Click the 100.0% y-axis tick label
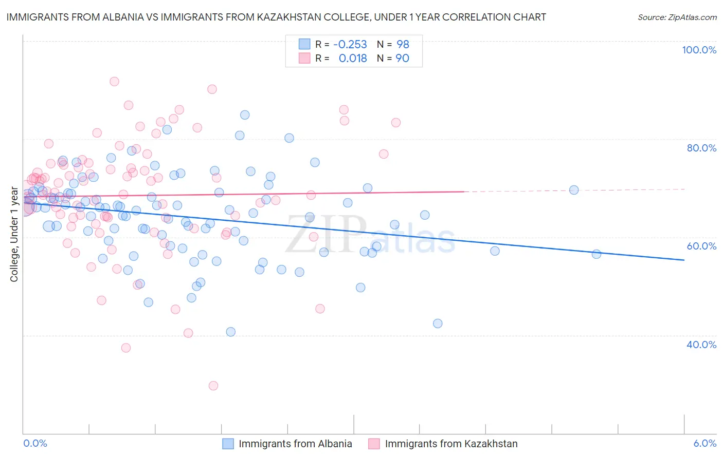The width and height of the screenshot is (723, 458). pos(699,50)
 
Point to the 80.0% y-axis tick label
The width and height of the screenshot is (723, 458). pos(701,148)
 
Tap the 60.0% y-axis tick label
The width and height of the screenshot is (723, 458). pos(701,246)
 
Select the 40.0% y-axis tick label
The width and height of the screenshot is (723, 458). pos(701,345)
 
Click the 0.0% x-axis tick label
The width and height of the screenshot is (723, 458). pos(35,443)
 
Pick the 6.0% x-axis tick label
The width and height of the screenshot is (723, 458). pos(704,443)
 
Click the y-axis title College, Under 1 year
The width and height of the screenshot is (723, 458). pos(14,235)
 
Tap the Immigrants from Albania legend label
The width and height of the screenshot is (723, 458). pos(295,444)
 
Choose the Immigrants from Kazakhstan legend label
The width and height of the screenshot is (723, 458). pos(451,444)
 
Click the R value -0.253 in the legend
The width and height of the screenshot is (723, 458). pos(350,44)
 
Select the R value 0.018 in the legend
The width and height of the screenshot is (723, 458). pos(353,59)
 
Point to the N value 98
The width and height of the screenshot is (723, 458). pos(403,44)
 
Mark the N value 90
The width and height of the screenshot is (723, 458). pos(402,59)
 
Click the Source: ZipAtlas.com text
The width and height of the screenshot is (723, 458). pos(677,17)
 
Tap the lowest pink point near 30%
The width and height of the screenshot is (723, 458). pos(213,386)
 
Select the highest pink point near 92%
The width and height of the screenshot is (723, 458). pos(114,81)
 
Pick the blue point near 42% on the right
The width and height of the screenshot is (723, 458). pos(438,323)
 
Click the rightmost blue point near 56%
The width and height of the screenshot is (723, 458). pos(597,254)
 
